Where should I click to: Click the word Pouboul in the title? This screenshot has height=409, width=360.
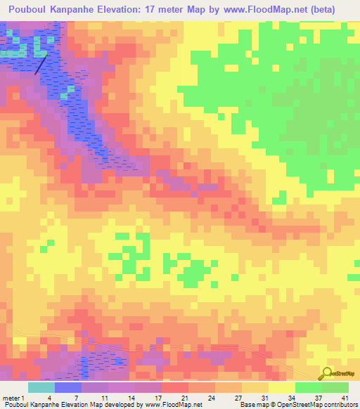pos(32,10)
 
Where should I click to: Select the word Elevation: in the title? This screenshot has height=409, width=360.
pos(148,10)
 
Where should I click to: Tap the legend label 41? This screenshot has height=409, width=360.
pos(345,398)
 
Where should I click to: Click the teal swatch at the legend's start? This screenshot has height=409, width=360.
pos(41,387)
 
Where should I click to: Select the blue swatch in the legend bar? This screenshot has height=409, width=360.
pos(67,387)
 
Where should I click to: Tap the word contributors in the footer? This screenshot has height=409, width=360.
pos(340,405)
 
